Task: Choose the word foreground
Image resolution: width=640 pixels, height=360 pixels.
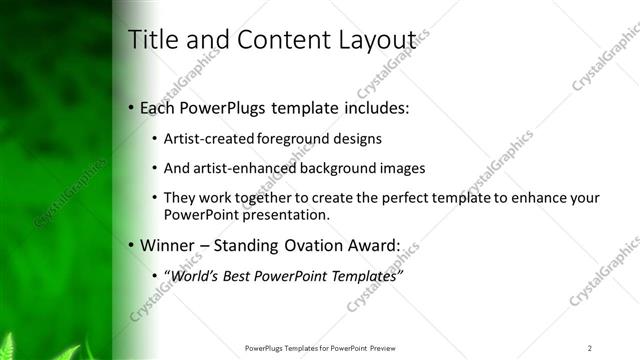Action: coord(293,138)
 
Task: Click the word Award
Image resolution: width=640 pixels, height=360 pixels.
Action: coord(372,244)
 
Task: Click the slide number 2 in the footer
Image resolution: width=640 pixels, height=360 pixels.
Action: coord(590,347)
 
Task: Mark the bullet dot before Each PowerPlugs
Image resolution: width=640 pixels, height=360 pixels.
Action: coord(132,107)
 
